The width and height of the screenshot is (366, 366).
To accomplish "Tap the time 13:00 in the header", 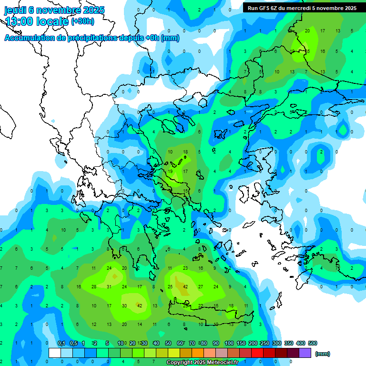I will [x=22, y=21].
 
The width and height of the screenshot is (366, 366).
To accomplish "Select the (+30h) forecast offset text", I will [x=82, y=21].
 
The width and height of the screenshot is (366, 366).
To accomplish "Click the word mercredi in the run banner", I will [x=297, y=8].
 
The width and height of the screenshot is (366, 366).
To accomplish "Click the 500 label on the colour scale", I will [x=313, y=343].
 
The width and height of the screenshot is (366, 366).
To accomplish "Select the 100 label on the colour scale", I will [x=229, y=343].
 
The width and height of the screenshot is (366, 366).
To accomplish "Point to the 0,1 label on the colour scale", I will [x=61, y=343].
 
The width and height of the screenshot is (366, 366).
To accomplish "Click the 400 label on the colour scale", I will [x=301, y=343].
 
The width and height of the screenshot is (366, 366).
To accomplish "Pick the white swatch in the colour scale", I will [x=55, y=353].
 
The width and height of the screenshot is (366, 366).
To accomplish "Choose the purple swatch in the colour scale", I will [x=305, y=353].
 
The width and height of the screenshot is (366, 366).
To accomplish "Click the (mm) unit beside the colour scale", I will [x=323, y=354].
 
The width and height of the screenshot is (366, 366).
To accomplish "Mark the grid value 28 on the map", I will [x=94, y=286].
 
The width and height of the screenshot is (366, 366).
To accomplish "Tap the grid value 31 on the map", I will [x=109, y=286].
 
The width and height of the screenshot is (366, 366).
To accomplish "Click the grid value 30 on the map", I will [x=124, y=305].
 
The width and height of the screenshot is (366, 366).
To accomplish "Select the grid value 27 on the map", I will [x=201, y=286].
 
